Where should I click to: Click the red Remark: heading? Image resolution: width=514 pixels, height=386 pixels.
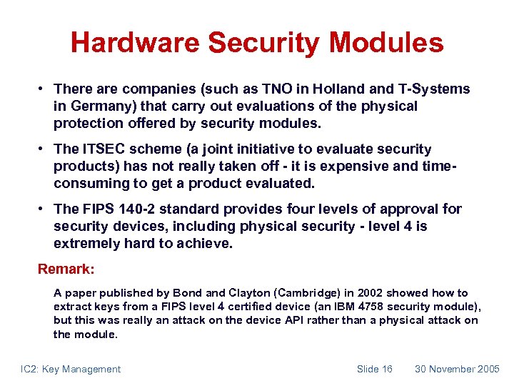pos(66,270)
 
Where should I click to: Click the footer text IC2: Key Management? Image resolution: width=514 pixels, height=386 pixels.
pos(70,369)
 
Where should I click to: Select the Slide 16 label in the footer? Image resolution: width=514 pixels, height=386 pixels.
pos(374,369)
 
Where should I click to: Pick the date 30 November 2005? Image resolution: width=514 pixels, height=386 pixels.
pos(457,369)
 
